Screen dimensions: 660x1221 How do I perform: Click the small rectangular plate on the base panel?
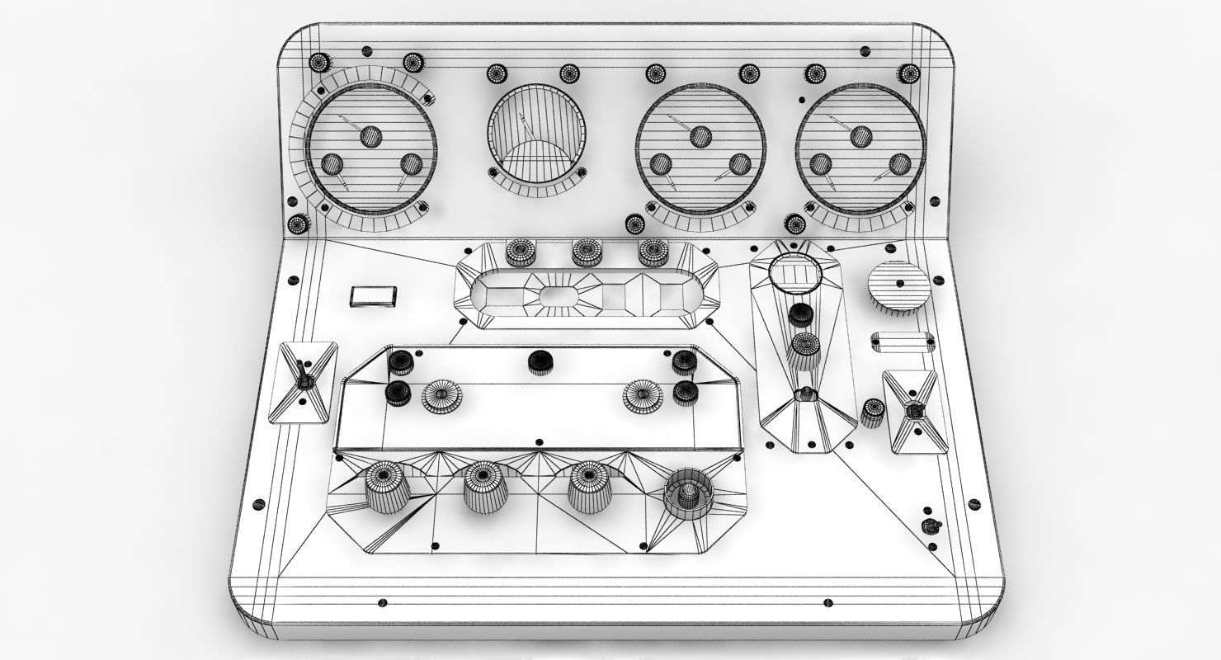(374, 296)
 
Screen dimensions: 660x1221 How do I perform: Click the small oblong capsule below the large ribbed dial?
(903, 340)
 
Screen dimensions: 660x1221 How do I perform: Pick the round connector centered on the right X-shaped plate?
(912, 410)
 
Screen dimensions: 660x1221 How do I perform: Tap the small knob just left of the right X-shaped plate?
(872, 412)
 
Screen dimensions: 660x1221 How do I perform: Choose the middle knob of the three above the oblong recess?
(587, 252)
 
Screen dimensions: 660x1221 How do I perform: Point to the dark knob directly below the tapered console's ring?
(799, 315)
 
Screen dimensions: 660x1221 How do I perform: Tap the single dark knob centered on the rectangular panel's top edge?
(540, 361)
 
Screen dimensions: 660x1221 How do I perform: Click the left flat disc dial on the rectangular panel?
(441, 396)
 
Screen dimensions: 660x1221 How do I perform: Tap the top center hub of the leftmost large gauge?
(370, 136)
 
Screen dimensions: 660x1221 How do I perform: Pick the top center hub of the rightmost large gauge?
(860, 136)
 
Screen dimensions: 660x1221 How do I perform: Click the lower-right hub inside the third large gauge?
(740, 163)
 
